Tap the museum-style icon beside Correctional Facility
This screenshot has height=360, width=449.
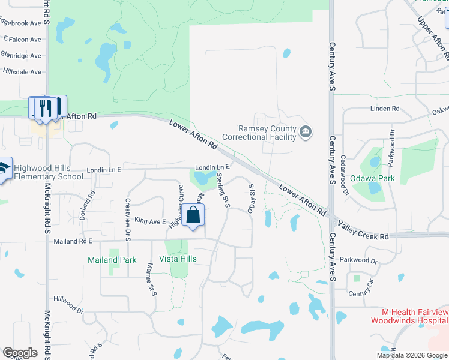[306, 131]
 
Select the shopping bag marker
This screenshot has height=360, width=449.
[193, 215]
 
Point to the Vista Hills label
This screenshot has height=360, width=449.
[178, 259]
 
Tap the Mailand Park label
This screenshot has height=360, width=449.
[112, 260]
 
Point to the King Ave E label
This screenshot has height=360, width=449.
[149, 221]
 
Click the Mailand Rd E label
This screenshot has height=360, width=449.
[72, 241]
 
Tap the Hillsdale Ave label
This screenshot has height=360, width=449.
[22, 72]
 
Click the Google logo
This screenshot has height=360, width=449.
[20, 353]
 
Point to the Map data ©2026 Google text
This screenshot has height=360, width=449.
[411, 355]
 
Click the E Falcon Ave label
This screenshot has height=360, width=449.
[22, 40]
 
